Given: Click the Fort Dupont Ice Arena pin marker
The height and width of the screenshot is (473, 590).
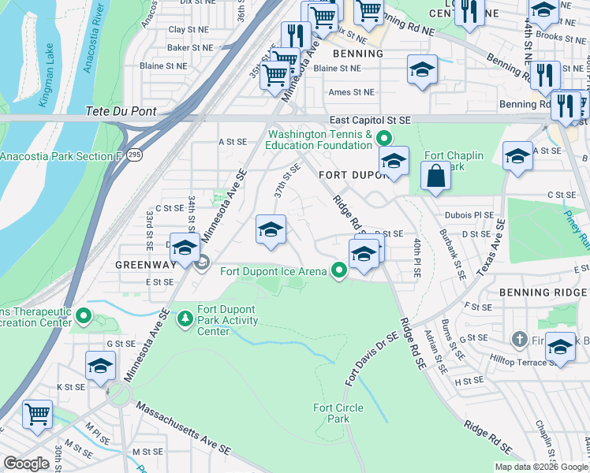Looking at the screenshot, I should click(340, 271).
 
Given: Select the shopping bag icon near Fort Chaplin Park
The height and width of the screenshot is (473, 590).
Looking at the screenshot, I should click(435, 177).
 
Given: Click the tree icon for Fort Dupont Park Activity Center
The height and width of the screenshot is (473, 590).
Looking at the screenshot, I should click(185, 318).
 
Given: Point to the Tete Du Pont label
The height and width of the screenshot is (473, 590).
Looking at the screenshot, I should click(122, 112).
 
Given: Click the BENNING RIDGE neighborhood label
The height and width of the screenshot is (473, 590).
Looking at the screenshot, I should click(543, 292).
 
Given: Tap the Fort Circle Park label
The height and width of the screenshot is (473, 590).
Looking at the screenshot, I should click(331, 412).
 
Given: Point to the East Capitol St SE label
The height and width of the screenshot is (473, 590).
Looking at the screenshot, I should click(371, 119).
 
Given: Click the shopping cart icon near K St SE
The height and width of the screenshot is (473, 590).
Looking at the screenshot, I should click(37, 413).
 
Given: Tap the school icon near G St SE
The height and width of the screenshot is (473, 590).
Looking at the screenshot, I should click(101, 366).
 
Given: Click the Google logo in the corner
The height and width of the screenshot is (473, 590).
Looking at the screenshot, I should click(27, 464).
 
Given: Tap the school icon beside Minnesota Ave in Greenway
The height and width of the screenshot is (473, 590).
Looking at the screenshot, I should click(185, 248).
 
